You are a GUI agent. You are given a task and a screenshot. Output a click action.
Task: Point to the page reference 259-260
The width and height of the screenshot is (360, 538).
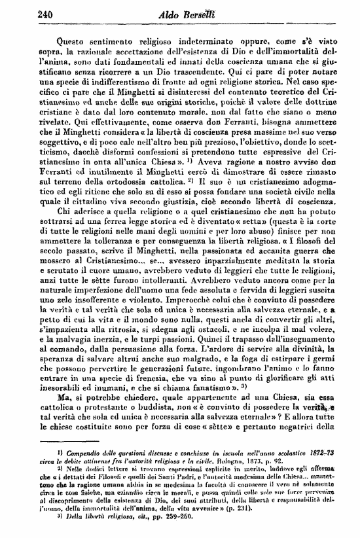[x=173, y=526]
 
